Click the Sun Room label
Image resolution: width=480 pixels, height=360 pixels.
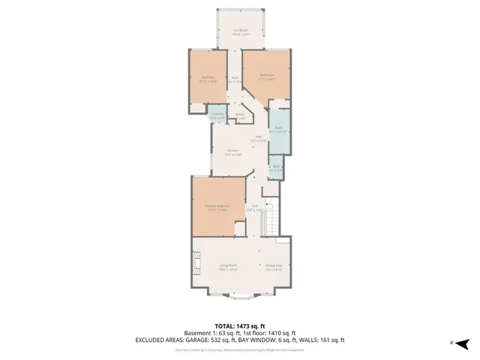point(240,32)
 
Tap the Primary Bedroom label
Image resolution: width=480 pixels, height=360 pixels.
point(217,207)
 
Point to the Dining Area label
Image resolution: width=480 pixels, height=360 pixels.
point(273,266)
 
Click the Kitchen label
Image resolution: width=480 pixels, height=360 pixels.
point(233,152)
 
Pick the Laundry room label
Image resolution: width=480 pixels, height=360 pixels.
point(217,117)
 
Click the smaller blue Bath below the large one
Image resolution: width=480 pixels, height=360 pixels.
point(276,169)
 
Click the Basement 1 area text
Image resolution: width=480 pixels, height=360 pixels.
point(205,333)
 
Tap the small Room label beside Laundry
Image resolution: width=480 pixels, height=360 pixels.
point(241,116)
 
